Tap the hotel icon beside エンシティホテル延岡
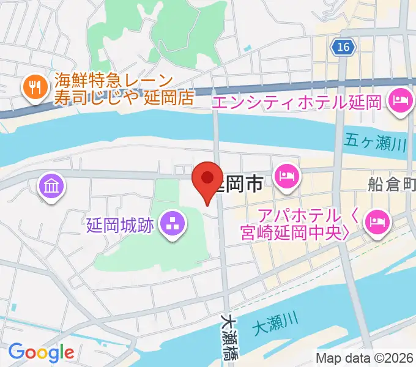[400, 101]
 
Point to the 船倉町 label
[392, 184]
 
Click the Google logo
[41, 352]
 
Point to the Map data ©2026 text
[363, 358]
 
